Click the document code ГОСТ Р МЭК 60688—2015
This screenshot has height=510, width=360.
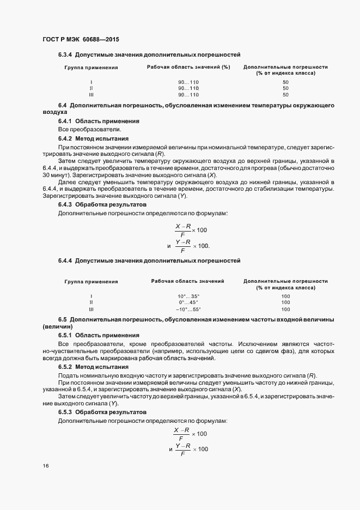click(81, 39)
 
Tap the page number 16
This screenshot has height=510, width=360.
click(46, 466)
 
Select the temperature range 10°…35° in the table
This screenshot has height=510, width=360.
click(188, 296)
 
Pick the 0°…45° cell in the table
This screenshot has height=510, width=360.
click(188, 302)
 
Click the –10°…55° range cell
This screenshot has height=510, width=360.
click(188, 309)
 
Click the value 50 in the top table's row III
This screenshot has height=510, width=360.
click(286, 94)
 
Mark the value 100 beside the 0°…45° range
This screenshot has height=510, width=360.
click(286, 302)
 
